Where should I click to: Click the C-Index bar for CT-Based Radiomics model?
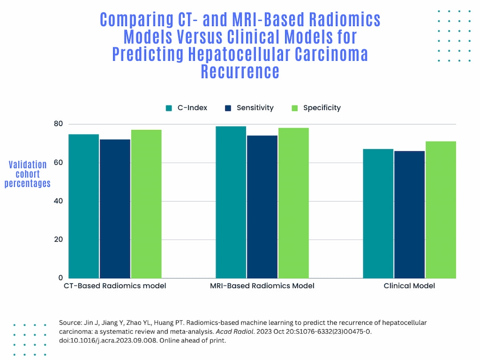pyautogui.click(x=84, y=206)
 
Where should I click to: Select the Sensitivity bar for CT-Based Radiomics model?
pyautogui.click(x=115, y=208)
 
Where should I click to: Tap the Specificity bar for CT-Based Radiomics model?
pyautogui.click(x=146, y=204)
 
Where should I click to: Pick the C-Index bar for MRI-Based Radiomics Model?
pyautogui.click(x=231, y=202)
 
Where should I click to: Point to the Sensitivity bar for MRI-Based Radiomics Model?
pyautogui.click(x=262, y=207)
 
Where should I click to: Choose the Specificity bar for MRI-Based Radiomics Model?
pyautogui.click(x=294, y=203)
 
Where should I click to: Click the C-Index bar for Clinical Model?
pyautogui.click(x=378, y=213)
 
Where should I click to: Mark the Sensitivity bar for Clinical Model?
pyautogui.click(x=409, y=214)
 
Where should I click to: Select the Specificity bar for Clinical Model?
pyautogui.click(x=441, y=210)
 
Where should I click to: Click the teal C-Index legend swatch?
pyautogui.click(x=169, y=108)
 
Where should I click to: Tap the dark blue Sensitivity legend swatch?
pyautogui.click(x=228, y=108)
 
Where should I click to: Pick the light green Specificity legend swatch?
pyautogui.click(x=294, y=108)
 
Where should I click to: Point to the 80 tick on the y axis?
pyautogui.click(x=58, y=124)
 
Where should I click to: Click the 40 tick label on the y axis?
pyautogui.click(x=58, y=201)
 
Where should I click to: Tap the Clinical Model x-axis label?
pyautogui.click(x=409, y=286)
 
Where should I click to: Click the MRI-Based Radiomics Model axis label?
pyautogui.click(x=262, y=286)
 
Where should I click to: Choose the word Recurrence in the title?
pyautogui.click(x=240, y=72)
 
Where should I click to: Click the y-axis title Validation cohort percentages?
pyautogui.click(x=28, y=174)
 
